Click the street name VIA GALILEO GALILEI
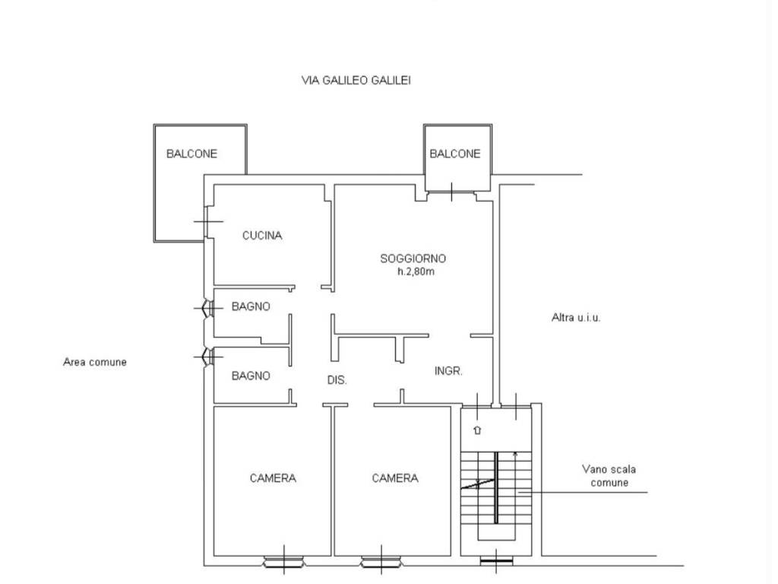coord(356,80)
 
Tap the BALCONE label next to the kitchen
coord(191,154)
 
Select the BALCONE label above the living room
coord(455,154)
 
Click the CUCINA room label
coord(262,236)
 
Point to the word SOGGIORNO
coord(413,259)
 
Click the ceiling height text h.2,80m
coord(416,271)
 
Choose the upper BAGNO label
coord(251,306)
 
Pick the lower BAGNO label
coord(251,376)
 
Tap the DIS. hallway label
coord(337,380)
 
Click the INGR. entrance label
coord(448,371)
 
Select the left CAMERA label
coord(273,478)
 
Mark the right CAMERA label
coord(395,478)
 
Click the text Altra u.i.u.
coord(576,317)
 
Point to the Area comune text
coord(95,362)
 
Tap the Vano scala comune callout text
coord(609,476)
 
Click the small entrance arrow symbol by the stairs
coord(477,430)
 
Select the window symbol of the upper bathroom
coord(208,309)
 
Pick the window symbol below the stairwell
coord(496,562)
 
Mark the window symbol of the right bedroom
coord(381,562)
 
